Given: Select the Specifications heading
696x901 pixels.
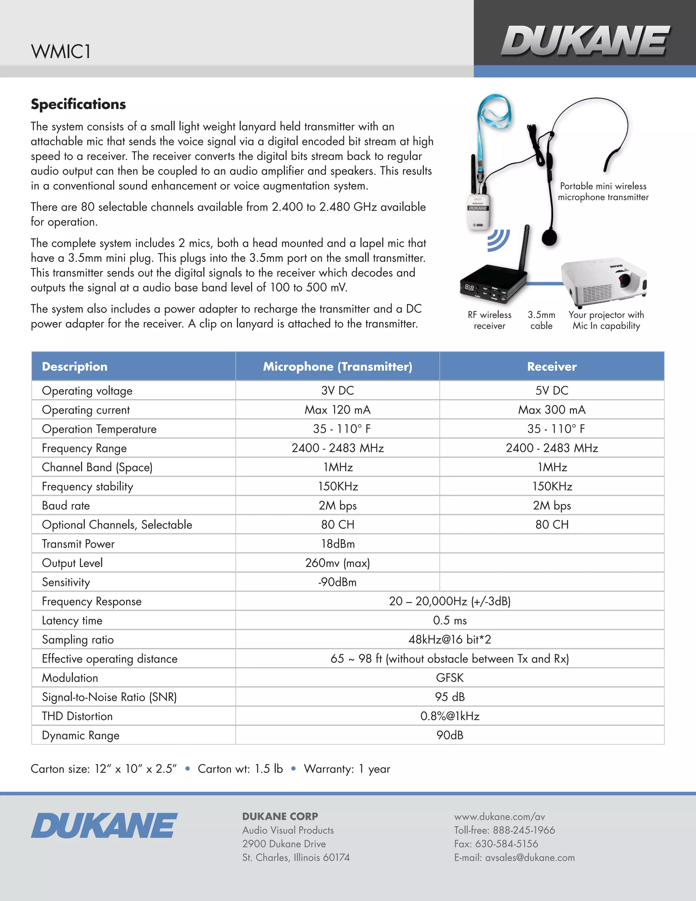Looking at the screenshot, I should pos(79,104).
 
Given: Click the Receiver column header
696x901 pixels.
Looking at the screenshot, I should pos(552,366).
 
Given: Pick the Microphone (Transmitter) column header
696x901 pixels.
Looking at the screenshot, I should pos(338,366).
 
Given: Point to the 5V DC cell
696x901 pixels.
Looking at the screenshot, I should pos(552,390).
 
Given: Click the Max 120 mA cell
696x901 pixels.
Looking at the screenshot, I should pos(338,410).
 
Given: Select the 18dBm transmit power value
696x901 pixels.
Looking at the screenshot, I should pos(338,544).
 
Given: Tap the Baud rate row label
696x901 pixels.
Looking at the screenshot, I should pos(66,505).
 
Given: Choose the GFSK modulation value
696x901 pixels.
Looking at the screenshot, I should pos(450,678).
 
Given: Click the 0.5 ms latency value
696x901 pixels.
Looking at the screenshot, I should pos(450,620).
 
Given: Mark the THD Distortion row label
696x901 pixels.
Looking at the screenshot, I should pos(77,716).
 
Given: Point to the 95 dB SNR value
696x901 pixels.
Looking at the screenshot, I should pos(450,697).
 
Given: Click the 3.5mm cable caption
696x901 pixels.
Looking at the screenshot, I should pos(541,320).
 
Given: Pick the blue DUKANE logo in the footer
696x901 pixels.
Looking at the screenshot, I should pos(104,826).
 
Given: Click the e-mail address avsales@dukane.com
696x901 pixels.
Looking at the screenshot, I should pos(529,858).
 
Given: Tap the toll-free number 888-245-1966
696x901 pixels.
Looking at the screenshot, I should pos(529,830).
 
